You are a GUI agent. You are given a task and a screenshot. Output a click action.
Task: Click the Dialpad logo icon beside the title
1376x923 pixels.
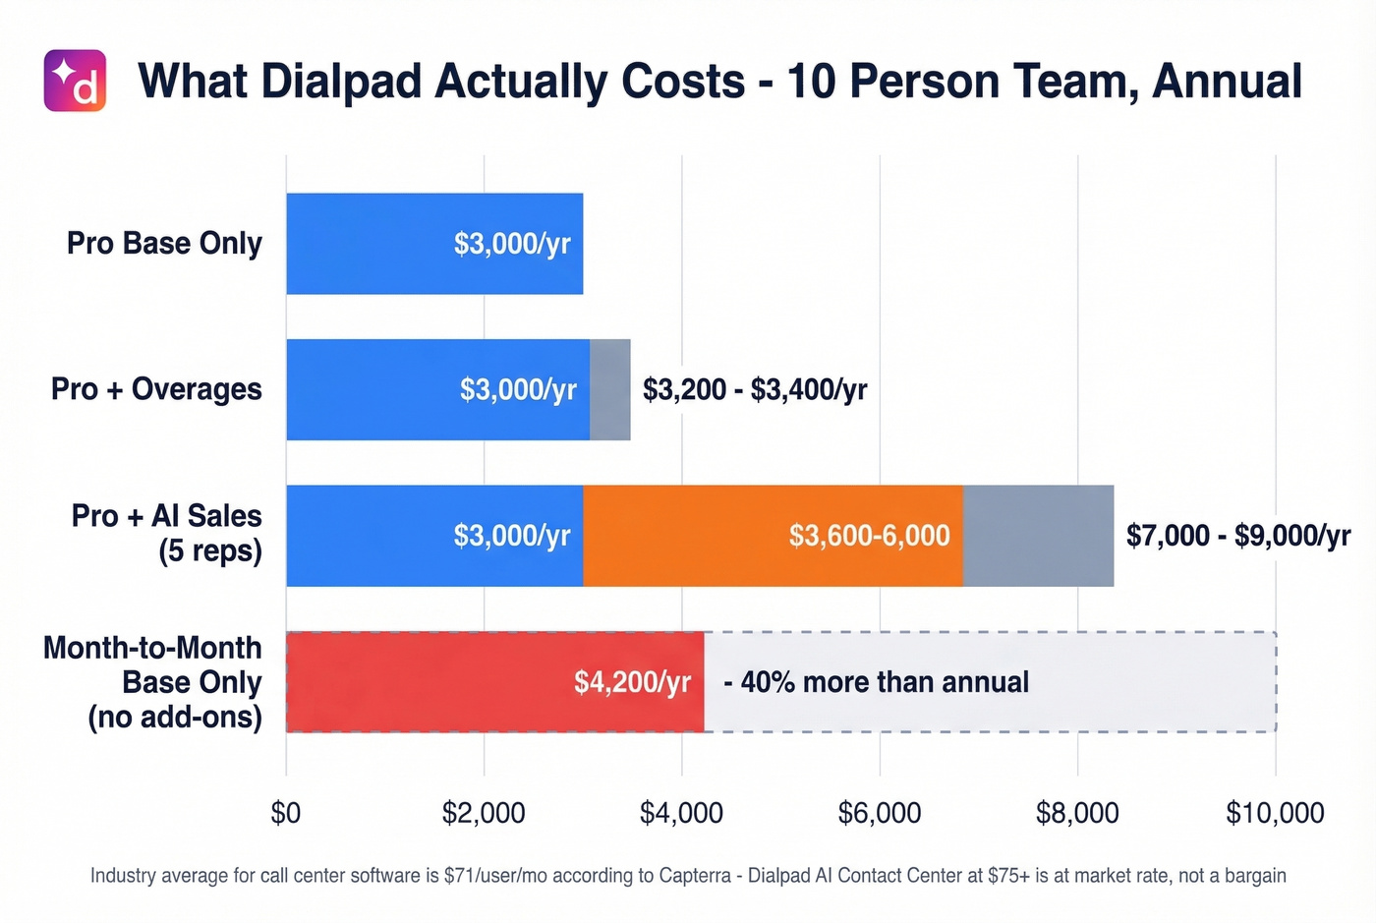pos(75,81)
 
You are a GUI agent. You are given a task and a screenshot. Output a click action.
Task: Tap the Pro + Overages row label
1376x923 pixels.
pos(156,389)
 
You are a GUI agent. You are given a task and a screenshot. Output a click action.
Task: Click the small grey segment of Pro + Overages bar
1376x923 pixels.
pos(609,389)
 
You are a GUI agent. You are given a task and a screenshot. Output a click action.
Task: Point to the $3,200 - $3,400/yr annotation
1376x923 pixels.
pos(754,389)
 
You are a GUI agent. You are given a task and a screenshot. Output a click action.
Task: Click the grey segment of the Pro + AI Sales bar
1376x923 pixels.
pos(1038,536)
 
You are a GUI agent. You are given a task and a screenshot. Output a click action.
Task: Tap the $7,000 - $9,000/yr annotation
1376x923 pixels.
pos(1237,536)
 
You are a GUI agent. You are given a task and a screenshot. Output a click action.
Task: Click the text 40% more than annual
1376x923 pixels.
pos(884,682)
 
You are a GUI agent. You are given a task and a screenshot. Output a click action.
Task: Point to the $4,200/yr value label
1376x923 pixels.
pos(632,682)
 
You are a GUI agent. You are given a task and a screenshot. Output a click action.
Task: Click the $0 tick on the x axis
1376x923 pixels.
pos(286,813)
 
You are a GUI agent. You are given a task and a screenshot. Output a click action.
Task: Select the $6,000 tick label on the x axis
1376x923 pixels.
pos(879,813)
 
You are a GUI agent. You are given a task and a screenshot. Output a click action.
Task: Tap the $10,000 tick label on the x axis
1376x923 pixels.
pos(1275,813)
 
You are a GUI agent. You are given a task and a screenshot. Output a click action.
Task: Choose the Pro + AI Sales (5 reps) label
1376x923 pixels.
pos(167,533)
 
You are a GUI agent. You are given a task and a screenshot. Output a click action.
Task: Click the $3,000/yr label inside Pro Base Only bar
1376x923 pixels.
pos(511,244)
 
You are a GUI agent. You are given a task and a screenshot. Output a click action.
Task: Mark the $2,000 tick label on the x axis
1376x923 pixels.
pos(484,813)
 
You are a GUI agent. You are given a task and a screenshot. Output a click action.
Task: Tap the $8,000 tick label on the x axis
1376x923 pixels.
pos(1077,813)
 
